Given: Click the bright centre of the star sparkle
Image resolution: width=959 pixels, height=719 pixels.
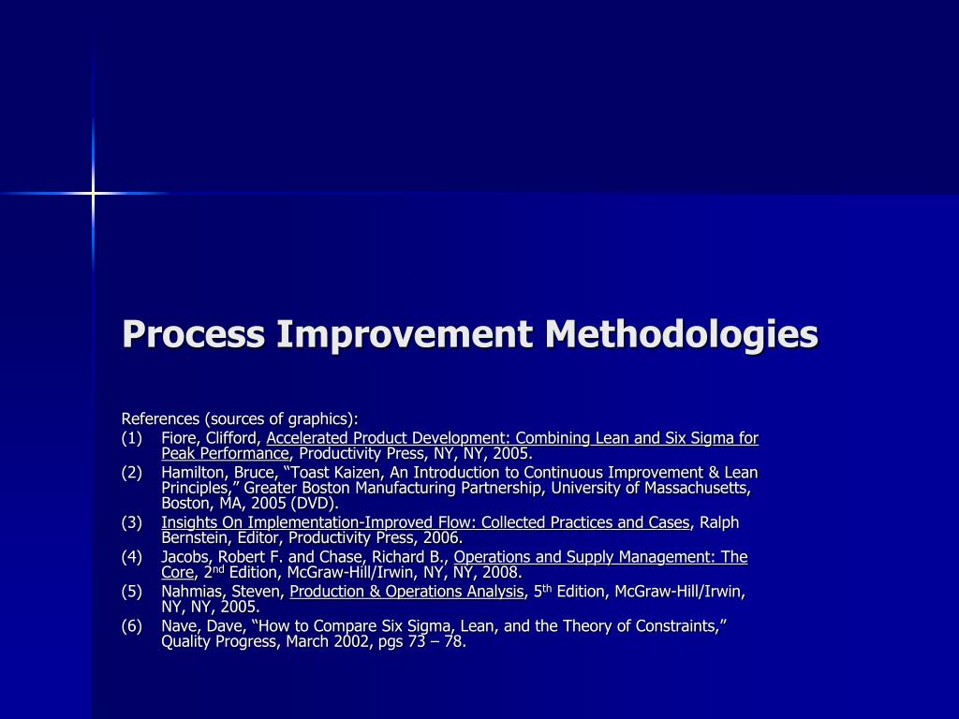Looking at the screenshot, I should click(x=93, y=193).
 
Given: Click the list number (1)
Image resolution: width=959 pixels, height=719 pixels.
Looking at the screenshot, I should click(x=132, y=438).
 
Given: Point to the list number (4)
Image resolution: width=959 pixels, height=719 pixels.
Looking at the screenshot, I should click(x=132, y=557).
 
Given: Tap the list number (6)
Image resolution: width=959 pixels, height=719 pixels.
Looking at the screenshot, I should click(x=132, y=625).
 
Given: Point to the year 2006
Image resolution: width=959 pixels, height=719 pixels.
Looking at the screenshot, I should click(x=444, y=538).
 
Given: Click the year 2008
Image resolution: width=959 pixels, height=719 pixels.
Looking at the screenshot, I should click(x=502, y=573).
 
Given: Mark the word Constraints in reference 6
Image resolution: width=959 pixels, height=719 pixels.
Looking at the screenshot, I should click(x=678, y=625).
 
